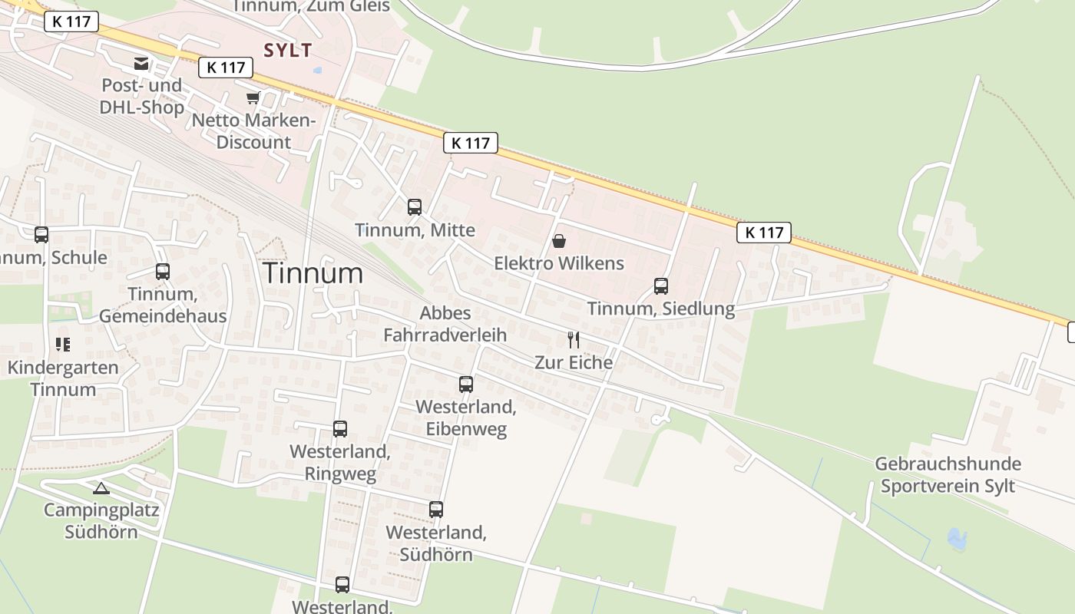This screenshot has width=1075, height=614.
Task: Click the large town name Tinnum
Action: (x=313, y=273)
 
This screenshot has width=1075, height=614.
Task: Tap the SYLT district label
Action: (x=288, y=51)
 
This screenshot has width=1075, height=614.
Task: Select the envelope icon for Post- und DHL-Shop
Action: (x=141, y=64)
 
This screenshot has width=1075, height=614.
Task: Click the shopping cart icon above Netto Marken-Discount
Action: (x=253, y=98)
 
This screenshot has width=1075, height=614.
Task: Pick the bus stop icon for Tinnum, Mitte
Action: (x=415, y=206)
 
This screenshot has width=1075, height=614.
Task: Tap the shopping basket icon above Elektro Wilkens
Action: (x=559, y=241)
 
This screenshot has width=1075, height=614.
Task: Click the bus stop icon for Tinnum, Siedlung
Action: (x=661, y=286)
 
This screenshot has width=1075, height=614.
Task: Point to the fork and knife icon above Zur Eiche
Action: (x=573, y=339)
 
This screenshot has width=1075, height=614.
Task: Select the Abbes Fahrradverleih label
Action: (x=445, y=324)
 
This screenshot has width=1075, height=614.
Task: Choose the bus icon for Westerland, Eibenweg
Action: (x=466, y=384)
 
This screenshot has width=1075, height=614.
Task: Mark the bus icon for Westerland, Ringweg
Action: (x=340, y=429)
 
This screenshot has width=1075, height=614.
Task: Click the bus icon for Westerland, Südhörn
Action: (x=436, y=509)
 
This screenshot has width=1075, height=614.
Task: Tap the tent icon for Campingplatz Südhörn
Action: (x=101, y=487)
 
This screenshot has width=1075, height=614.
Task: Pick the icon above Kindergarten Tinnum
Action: (x=63, y=345)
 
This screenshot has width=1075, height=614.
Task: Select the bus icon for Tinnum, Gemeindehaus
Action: (x=163, y=271)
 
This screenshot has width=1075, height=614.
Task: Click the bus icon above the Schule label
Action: (x=41, y=235)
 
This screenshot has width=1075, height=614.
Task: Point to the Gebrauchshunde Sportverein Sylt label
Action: (x=948, y=475)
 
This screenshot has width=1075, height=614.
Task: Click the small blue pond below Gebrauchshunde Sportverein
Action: (x=957, y=540)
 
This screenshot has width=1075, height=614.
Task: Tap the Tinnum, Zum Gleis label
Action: (x=311, y=7)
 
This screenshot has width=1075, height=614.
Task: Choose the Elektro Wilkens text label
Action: (x=559, y=263)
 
